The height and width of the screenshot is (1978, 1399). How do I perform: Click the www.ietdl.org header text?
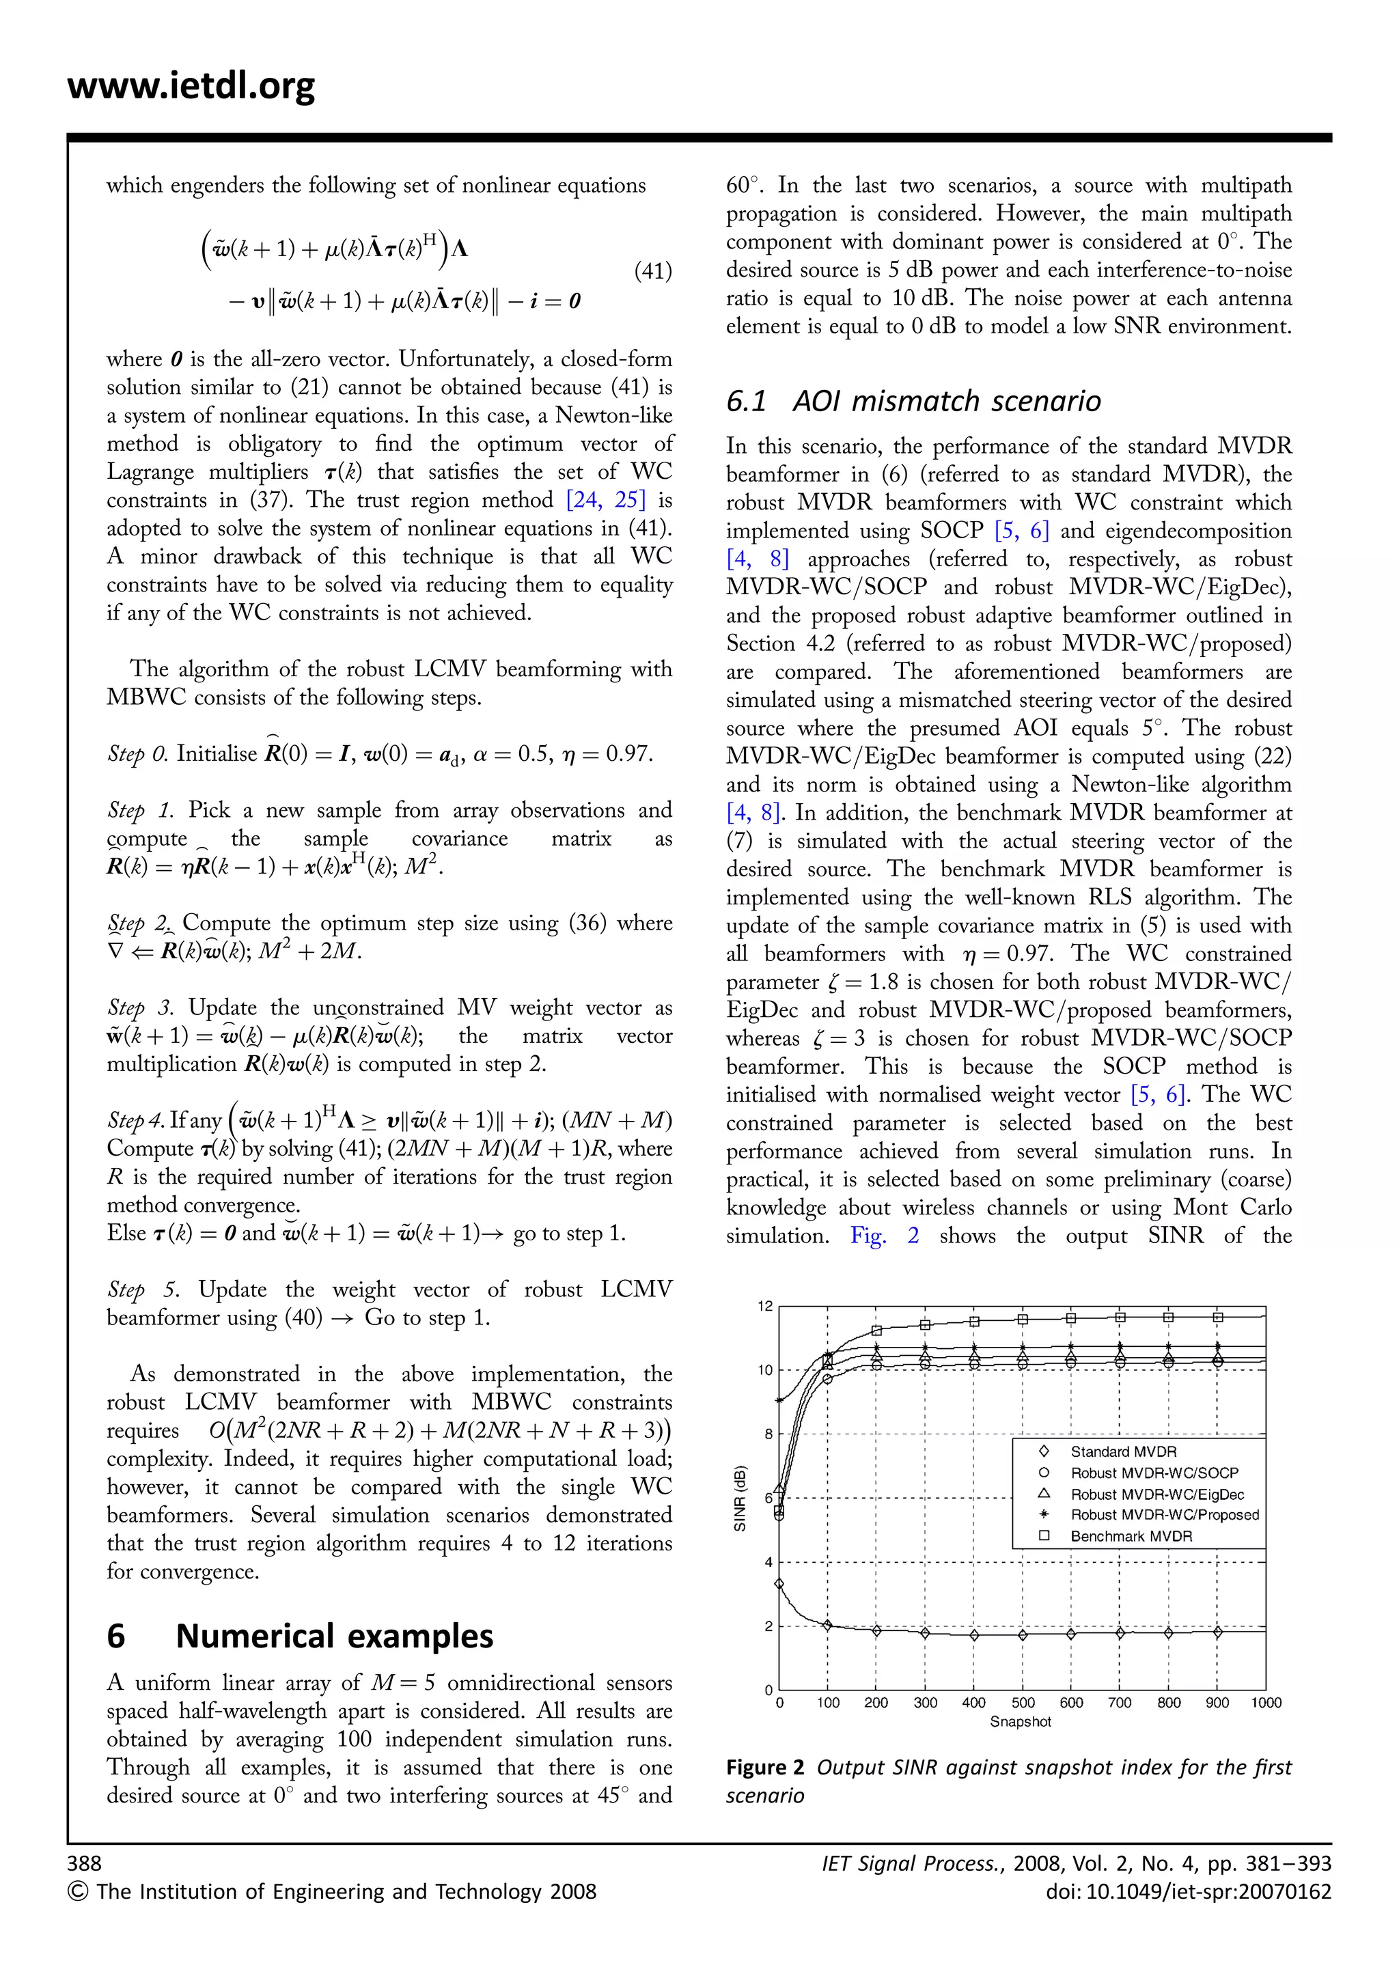(191, 85)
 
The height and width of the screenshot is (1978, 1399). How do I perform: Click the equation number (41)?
(653, 273)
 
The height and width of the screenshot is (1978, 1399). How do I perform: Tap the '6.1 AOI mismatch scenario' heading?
(913, 401)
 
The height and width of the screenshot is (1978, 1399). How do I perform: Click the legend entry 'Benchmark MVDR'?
(1131, 1536)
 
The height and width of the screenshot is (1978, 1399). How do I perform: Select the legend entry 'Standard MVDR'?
(1122, 1451)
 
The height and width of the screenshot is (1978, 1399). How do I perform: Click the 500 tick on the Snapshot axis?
(1023, 1702)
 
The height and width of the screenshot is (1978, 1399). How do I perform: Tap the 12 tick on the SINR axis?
(765, 1306)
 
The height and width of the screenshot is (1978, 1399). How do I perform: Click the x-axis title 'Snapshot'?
(1020, 1721)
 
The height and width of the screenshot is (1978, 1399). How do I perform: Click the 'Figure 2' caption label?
(764, 1768)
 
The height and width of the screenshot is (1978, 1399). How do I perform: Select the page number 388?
(85, 1863)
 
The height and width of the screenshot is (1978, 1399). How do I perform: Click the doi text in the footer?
(1188, 1891)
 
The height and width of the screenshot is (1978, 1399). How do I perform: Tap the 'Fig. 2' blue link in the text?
(884, 1236)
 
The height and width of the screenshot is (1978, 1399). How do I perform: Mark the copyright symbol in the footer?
(77, 1892)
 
